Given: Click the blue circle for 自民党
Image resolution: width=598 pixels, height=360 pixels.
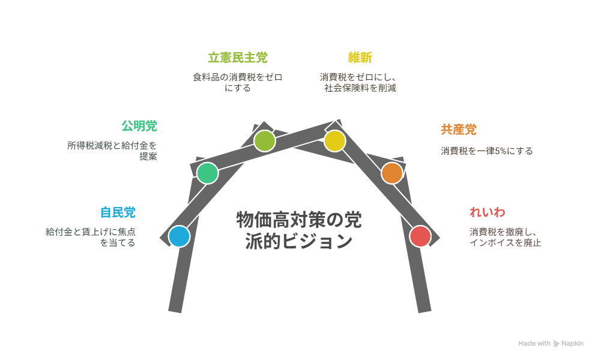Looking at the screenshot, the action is pyautogui.click(x=179, y=236).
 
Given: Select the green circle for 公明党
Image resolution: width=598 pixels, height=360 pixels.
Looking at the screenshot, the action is pyautogui.click(x=207, y=173).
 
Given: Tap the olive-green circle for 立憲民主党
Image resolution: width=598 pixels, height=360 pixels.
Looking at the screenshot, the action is pyautogui.click(x=264, y=141).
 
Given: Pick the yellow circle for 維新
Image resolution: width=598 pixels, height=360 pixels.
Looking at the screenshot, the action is pyautogui.click(x=334, y=141).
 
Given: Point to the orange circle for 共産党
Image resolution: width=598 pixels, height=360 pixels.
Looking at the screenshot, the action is pyautogui.click(x=391, y=173).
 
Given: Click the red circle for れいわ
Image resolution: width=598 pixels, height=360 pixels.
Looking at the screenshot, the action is pyautogui.click(x=420, y=236).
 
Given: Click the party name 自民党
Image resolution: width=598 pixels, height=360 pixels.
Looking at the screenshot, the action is pyautogui.click(x=118, y=212).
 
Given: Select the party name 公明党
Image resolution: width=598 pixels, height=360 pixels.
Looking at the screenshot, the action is pyautogui.click(x=139, y=126).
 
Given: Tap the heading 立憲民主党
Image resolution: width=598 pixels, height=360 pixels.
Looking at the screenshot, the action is pyautogui.click(x=238, y=58).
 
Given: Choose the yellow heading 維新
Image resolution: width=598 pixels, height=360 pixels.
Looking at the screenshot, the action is pyautogui.click(x=360, y=58).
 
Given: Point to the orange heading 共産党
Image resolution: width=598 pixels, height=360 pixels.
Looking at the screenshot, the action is pyautogui.click(x=459, y=130).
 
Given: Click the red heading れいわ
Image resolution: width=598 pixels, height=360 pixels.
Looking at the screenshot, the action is pyautogui.click(x=487, y=212).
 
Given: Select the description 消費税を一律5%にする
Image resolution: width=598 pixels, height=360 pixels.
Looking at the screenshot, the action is pyautogui.click(x=486, y=151).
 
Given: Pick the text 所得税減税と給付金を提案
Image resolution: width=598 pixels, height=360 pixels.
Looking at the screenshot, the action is pyautogui.click(x=112, y=151).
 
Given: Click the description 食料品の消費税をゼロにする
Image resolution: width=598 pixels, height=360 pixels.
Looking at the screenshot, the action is pyautogui.click(x=238, y=82).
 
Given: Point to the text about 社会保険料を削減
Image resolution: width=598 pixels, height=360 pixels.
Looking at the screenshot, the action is pyautogui.click(x=358, y=82).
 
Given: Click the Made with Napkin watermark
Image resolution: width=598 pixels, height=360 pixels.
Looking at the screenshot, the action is pyautogui.click(x=551, y=344).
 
